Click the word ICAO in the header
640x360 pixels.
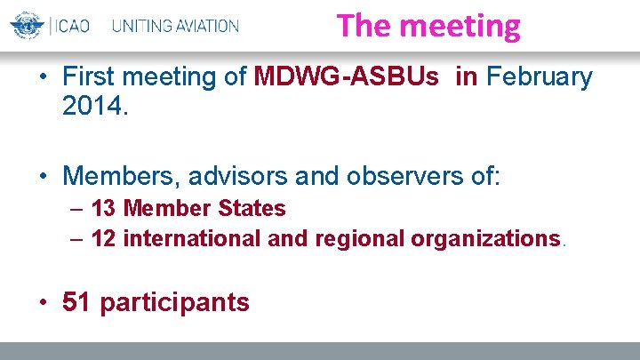[x=71, y=26]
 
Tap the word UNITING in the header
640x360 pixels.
[x=142, y=26]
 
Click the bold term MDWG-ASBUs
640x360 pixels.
[x=346, y=77]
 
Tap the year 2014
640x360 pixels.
[x=95, y=107]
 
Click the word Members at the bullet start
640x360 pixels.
[x=116, y=175]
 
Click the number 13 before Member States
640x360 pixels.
[x=103, y=209]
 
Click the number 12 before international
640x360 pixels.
[x=103, y=238]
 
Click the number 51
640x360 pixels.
[x=76, y=302]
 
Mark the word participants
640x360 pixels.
[x=174, y=303]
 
